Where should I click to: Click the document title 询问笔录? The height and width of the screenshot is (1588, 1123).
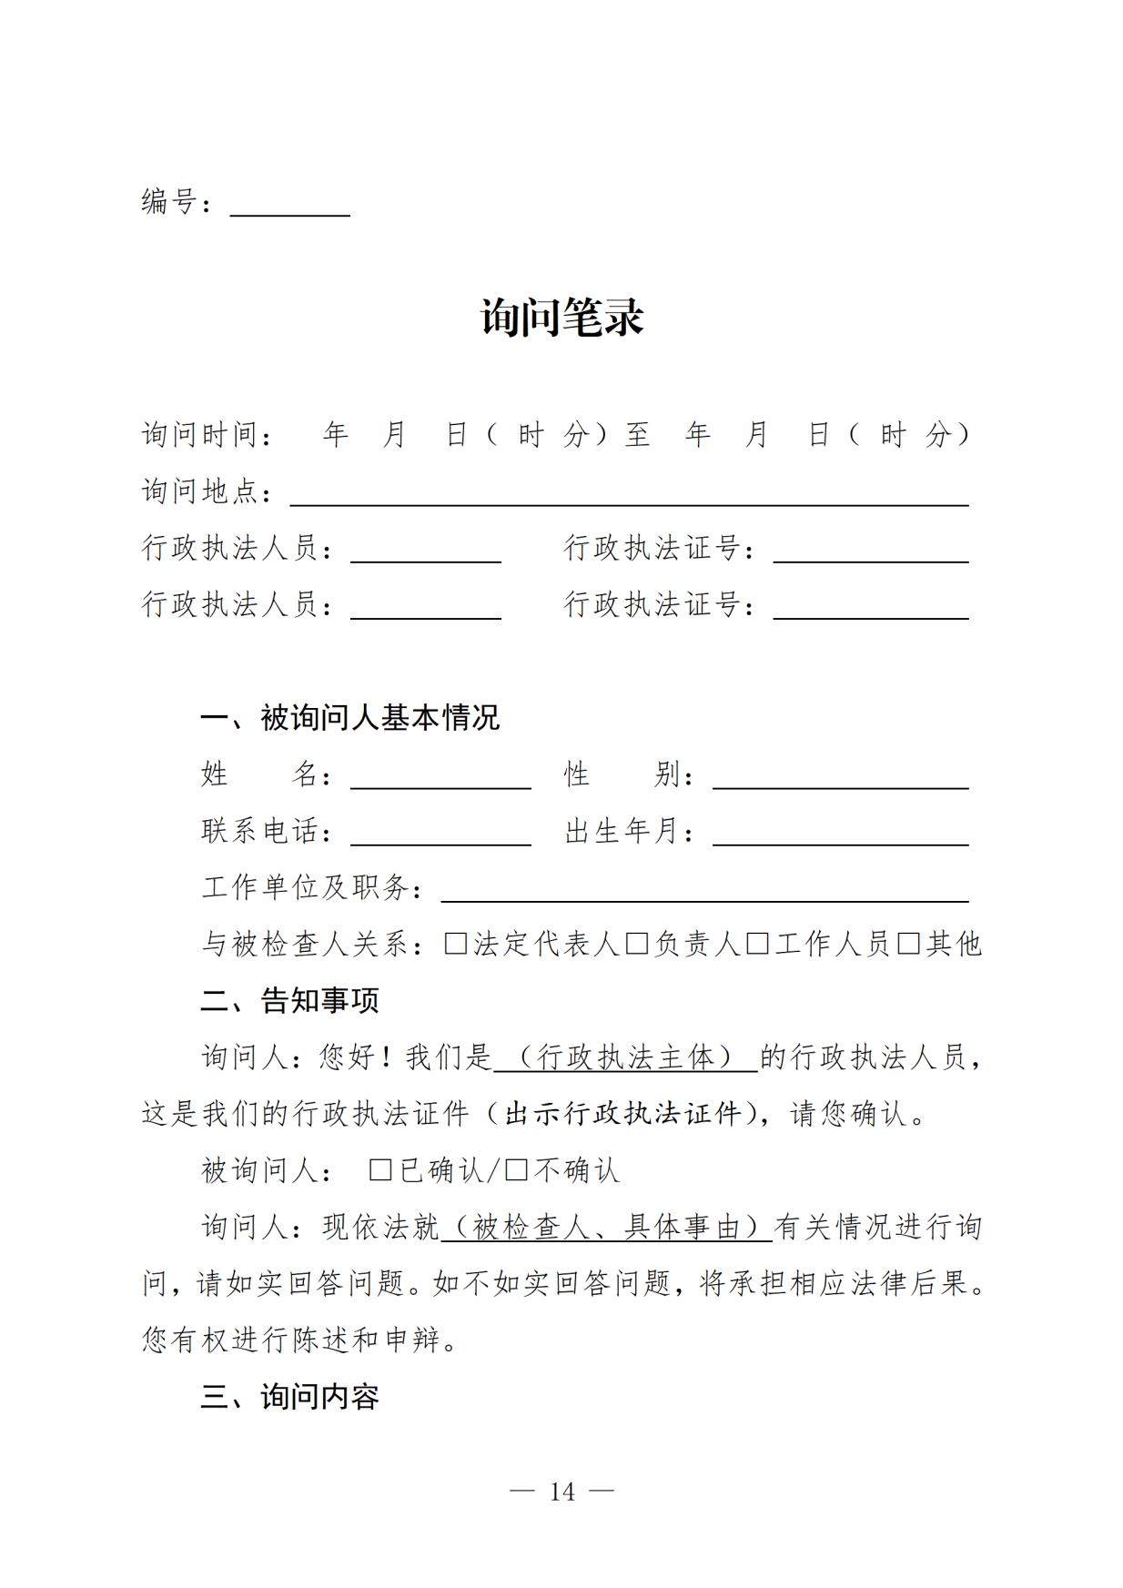[561, 318]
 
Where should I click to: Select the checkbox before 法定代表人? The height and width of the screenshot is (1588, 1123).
[455, 944]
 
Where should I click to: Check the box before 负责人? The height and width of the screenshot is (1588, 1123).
[636, 944]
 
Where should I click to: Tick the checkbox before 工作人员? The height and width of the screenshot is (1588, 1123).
[757, 944]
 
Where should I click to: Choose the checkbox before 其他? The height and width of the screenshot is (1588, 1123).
[908, 944]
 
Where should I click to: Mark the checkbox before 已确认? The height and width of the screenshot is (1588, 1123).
[380, 1170]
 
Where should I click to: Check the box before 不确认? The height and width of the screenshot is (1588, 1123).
[516, 1170]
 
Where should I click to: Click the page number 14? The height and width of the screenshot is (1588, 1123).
[561, 1492]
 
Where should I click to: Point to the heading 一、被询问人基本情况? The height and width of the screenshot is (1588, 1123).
[349, 718]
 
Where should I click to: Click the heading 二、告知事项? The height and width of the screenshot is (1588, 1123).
[289, 1001]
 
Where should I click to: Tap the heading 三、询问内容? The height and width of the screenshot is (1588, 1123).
[289, 1397]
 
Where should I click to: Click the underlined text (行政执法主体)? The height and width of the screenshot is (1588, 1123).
[625, 1057]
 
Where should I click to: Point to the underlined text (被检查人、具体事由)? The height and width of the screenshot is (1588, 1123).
[606, 1228]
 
